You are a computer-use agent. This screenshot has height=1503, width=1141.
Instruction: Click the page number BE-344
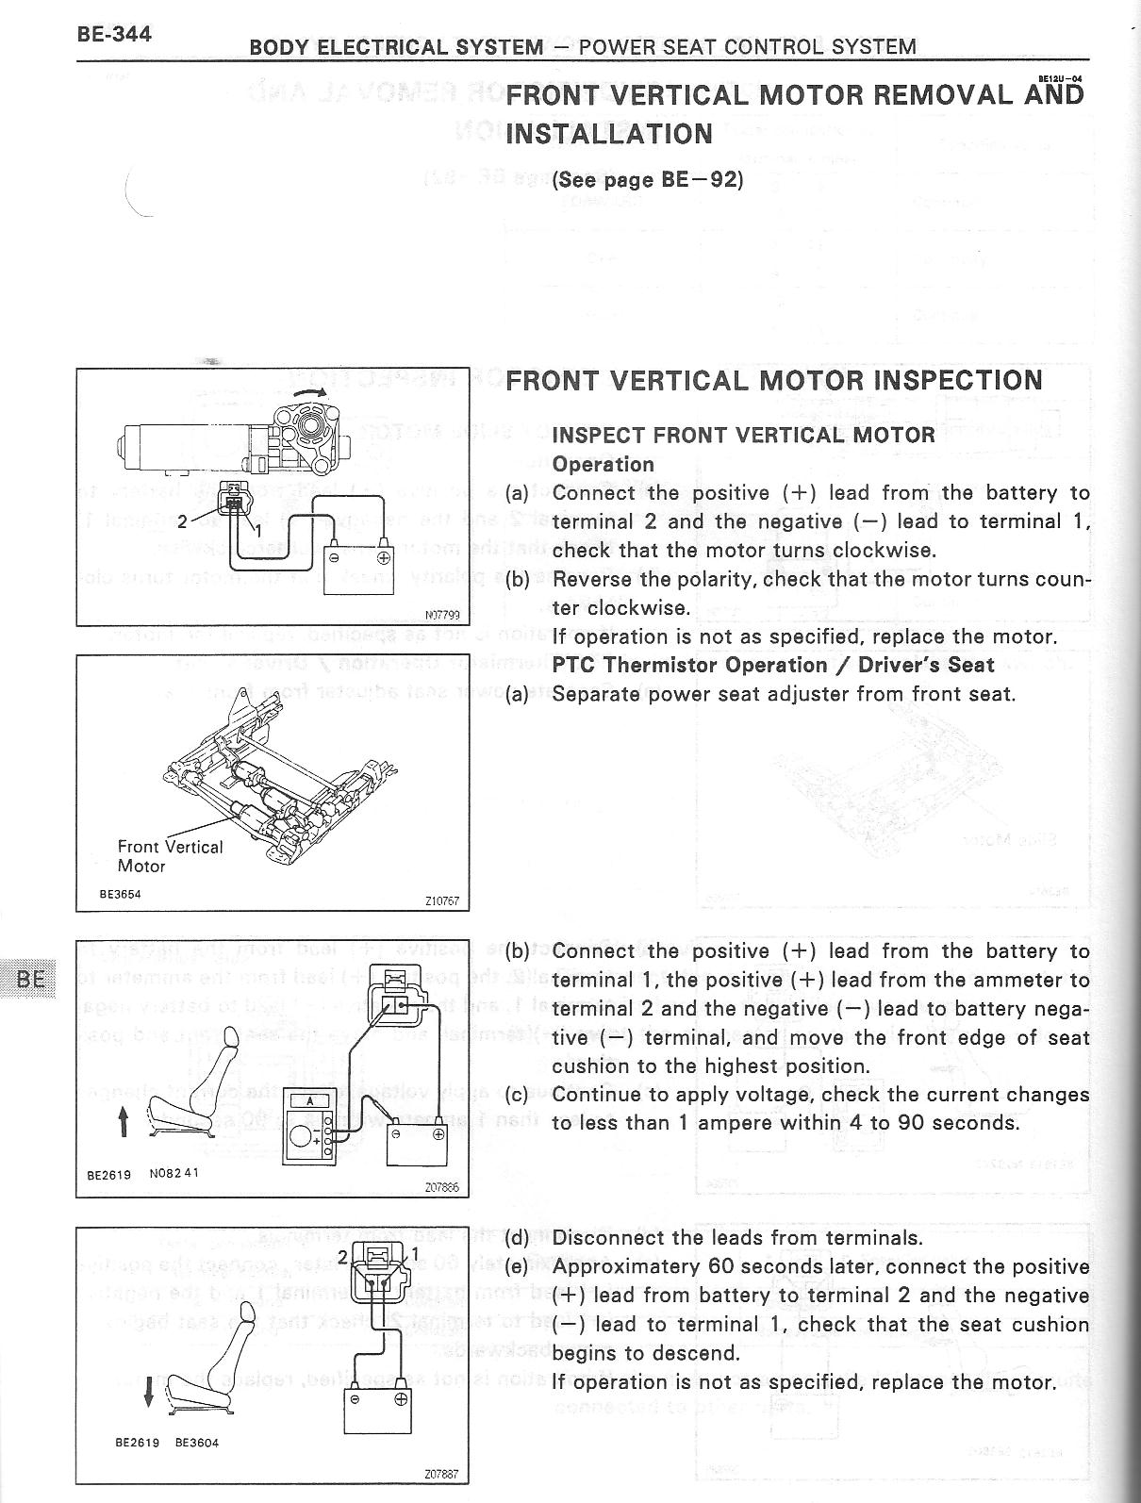click(x=114, y=35)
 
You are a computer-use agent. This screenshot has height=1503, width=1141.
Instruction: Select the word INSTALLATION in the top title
click(x=609, y=133)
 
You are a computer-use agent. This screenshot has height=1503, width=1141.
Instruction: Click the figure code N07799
click(x=442, y=615)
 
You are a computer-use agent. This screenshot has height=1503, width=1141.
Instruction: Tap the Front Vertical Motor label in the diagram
click(x=170, y=856)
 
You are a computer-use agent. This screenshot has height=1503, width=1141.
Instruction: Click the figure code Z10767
click(x=441, y=900)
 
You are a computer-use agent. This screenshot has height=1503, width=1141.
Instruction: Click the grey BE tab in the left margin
click(x=30, y=978)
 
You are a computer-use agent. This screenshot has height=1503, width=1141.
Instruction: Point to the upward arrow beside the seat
click(x=123, y=1122)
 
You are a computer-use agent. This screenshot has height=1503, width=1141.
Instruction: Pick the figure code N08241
click(x=174, y=1174)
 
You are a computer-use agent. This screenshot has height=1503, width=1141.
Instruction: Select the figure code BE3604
click(x=197, y=1443)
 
